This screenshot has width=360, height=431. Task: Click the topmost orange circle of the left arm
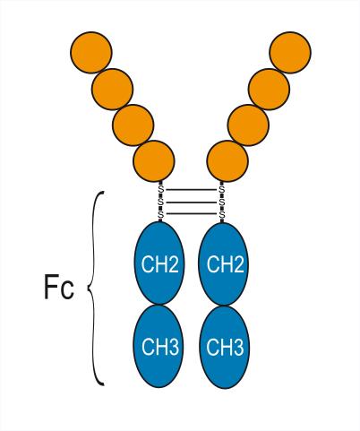(91, 52)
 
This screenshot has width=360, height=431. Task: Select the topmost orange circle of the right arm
(290, 52)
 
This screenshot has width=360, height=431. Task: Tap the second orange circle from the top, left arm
(112, 89)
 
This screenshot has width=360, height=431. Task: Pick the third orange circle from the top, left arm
(133, 125)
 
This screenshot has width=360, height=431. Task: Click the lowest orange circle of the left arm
(154, 161)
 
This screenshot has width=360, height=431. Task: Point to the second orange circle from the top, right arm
(269, 89)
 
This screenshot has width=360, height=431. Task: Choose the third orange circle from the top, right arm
(248, 125)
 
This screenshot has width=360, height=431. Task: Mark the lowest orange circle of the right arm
(227, 161)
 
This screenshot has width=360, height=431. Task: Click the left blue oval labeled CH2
(159, 263)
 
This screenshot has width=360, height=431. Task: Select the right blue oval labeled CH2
(224, 263)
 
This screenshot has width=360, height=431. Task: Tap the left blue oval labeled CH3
(159, 347)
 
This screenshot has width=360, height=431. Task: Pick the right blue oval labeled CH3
(225, 347)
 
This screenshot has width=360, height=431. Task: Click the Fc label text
(59, 287)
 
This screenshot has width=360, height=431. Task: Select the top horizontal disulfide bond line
(191, 190)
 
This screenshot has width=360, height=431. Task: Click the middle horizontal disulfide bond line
(191, 203)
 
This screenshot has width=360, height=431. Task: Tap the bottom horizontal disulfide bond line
(191, 213)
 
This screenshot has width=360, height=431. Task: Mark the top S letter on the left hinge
(161, 189)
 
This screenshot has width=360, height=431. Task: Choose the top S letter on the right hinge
(221, 189)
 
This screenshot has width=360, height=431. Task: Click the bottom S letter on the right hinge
(221, 214)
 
